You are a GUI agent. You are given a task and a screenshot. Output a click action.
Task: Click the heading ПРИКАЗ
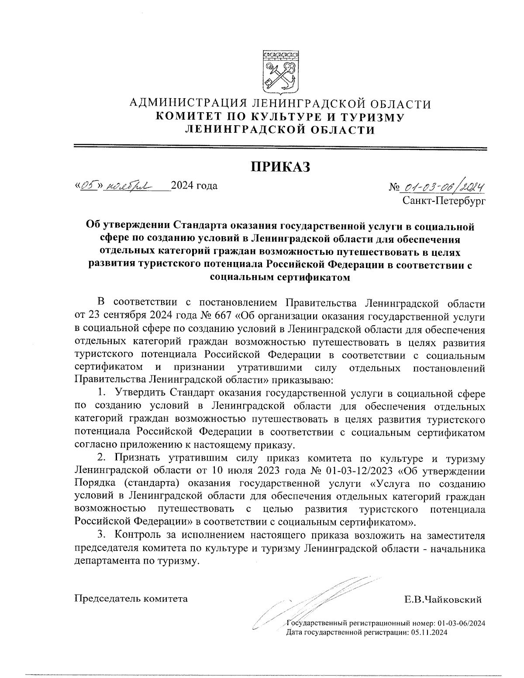tap(280, 166)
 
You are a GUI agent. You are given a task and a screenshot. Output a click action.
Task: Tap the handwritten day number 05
tap(89, 186)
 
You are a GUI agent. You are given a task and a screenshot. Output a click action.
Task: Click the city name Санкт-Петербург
tap(444, 200)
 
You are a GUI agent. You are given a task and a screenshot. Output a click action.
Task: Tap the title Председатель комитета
tap(131, 599)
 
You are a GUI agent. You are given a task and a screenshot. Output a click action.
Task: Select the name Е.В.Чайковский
tap(443, 599)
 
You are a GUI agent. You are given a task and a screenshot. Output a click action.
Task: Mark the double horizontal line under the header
tap(280, 147)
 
